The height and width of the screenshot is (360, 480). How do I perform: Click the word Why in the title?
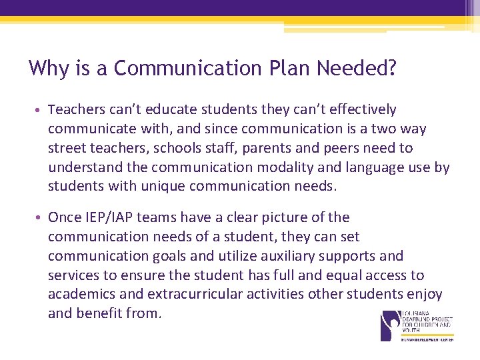[x=47, y=68]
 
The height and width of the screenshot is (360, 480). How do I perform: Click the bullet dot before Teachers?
[x=41, y=110]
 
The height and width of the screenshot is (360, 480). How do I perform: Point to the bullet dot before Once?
[x=41, y=218]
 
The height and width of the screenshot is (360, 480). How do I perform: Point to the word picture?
[x=287, y=217]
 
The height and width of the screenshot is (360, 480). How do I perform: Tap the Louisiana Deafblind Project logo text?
[x=427, y=323]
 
